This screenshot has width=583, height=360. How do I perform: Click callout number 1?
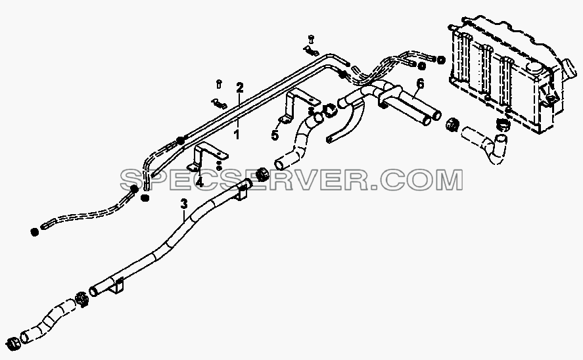(x=237, y=135)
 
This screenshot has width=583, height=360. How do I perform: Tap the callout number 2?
(x=240, y=87)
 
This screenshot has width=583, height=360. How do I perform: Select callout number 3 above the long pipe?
(x=184, y=204)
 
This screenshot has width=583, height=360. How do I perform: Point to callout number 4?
(x=200, y=182)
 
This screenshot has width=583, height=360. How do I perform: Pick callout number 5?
(x=275, y=135)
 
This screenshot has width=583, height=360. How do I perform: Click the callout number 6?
(x=420, y=84)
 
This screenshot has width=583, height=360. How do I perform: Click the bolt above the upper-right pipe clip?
(x=311, y=39)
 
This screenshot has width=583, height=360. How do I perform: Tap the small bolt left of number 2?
(x=219, y=84)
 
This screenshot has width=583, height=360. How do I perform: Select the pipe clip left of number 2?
(x=219, y=103)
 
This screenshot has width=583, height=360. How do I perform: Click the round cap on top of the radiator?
(x=534, y=67)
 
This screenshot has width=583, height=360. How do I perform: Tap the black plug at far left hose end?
(x=34, y=232)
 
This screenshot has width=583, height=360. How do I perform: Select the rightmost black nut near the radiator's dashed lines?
(x=440, y=59)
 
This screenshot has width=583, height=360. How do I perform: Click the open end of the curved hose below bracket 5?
(x=279, y=164)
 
